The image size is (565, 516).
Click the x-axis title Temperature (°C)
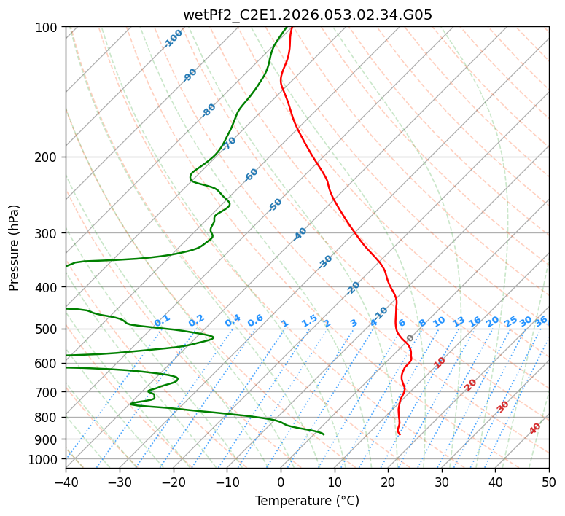tap(307, 501)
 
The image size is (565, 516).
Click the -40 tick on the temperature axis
tap(66, 482)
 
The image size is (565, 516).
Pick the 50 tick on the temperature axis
tap(549, 482)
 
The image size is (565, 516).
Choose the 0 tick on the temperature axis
tap(281, 482)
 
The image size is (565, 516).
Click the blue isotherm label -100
tap(173, 39)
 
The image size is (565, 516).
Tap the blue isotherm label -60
tap(252, 175)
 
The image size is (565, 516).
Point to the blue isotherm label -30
tap(325, 262)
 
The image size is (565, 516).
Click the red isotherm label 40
tap(535, 429)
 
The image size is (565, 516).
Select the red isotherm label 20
tap(471, 384)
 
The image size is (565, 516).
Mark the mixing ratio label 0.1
tap(162, 320)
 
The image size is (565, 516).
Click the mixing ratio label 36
tap(541, 321)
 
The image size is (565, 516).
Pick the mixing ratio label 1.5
tap(309, 320)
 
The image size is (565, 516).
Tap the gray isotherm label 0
tap(410, 339)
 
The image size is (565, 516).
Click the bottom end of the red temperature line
tap(400, 435)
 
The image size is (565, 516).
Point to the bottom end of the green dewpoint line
tap(324, 435)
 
